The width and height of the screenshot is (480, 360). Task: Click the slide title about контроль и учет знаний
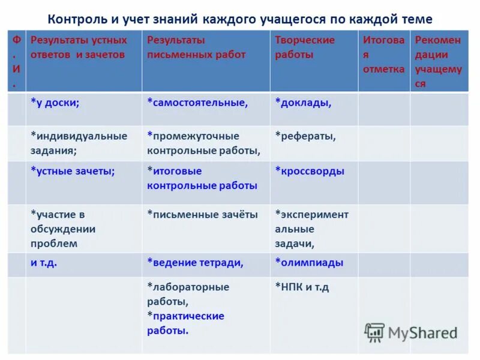coord(239,19)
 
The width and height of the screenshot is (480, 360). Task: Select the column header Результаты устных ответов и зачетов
coord(79,47)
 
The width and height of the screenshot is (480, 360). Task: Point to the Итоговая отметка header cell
coord(383,55)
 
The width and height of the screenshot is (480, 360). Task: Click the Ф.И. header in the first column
coord(16,62)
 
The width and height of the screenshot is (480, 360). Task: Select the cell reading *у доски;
coord(55,103)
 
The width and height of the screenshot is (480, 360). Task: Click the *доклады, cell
coord(303,103)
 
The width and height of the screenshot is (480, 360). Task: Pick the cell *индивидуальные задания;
coord(79,143)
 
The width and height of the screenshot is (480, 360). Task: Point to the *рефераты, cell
coord(305,136)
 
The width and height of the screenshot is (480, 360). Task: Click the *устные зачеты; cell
coord(73,171)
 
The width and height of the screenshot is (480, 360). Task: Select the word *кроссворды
coord(310,171)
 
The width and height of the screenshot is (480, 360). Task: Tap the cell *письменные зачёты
coord(202,214)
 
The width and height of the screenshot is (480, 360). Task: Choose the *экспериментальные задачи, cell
coord(311,229)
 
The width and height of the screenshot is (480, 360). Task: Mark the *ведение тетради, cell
coord(195,263)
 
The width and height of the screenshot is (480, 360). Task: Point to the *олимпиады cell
coord(309,263)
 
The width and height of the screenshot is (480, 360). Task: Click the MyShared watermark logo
coord(412,332)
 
